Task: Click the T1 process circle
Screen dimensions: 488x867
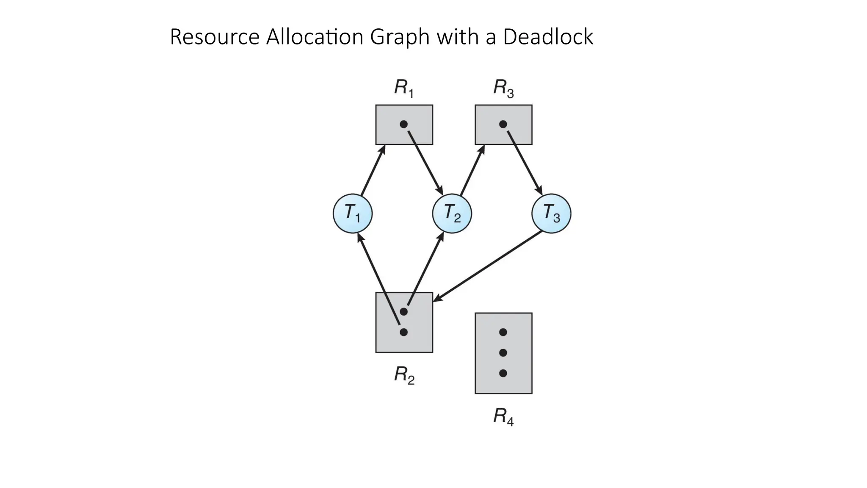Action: coord(353,213)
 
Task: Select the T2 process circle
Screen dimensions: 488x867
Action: coord(452,213)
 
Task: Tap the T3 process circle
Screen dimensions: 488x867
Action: coord(551,213)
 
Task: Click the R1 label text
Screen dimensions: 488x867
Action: coord(403,88)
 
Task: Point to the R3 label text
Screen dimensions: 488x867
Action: coord(503,88)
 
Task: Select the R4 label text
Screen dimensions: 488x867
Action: coord(503,416)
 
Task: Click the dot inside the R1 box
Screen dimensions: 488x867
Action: coord(403,124)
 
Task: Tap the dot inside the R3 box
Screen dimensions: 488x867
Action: coord(503,124)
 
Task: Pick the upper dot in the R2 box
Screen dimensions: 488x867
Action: coord(403,312)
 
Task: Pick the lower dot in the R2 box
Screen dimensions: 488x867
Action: coord(403,332)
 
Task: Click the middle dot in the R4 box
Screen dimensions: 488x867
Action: coord(503,352)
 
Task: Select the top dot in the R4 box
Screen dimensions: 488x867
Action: coord(503,332)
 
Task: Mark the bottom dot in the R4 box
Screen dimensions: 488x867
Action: coord(503,373)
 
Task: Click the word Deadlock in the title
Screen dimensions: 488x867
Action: coord(548,37)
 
